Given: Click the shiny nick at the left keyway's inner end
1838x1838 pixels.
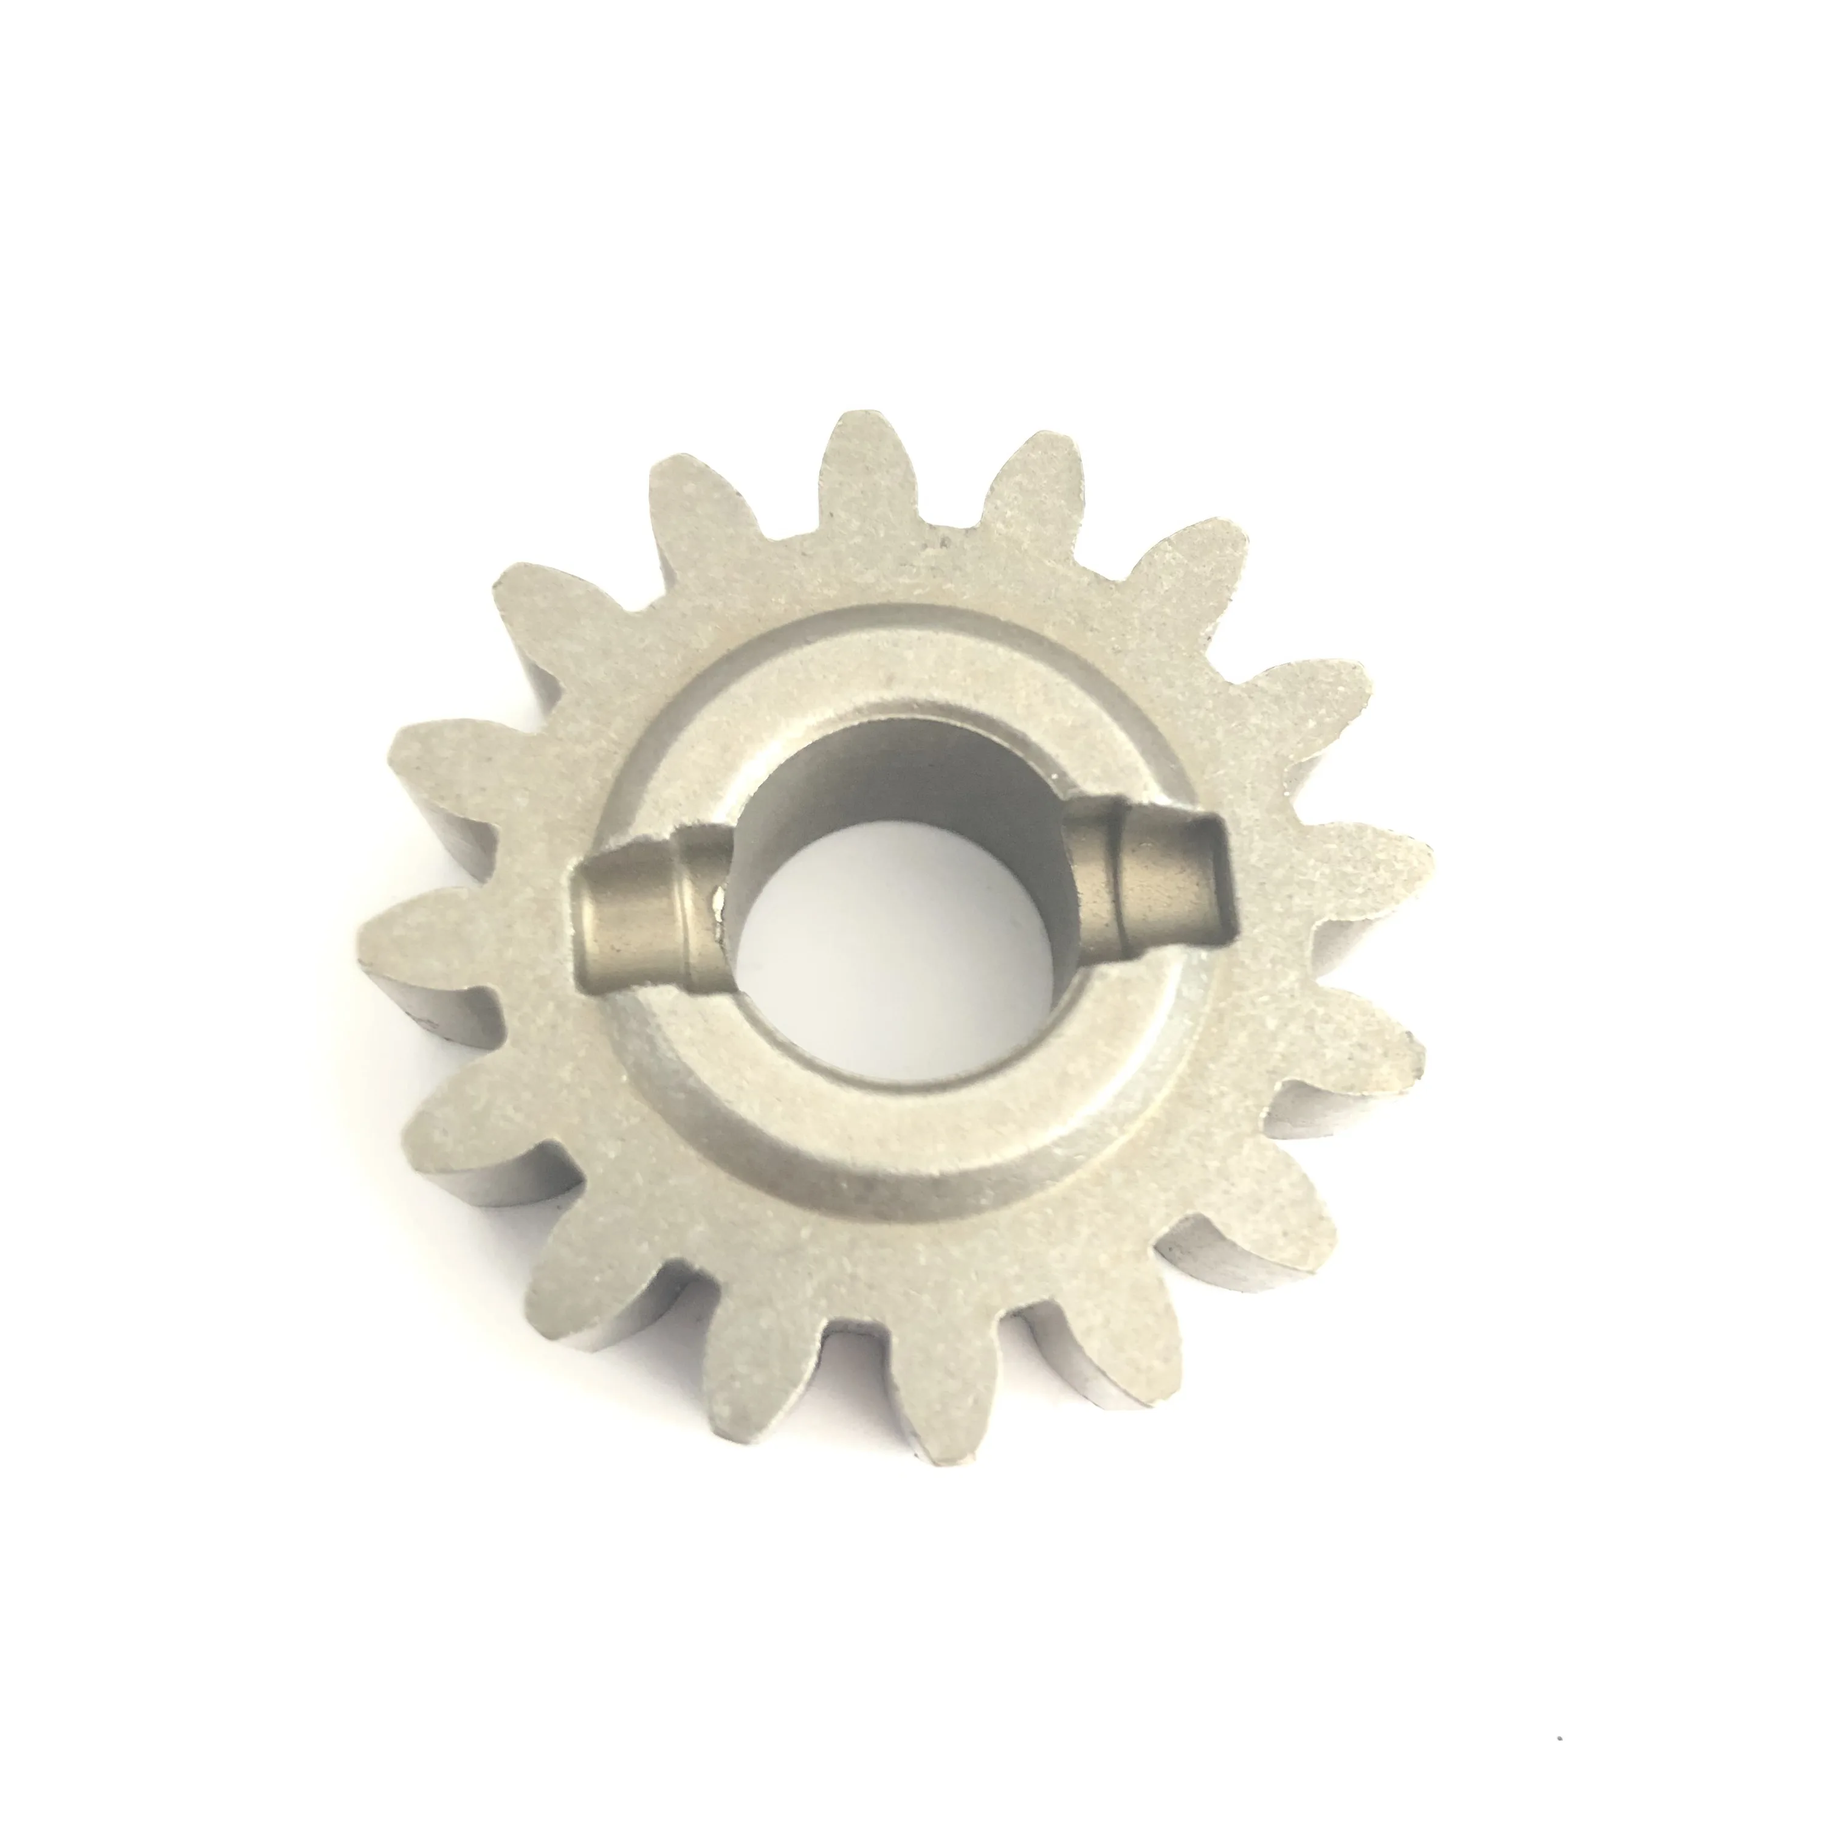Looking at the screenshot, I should pos(720,909).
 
